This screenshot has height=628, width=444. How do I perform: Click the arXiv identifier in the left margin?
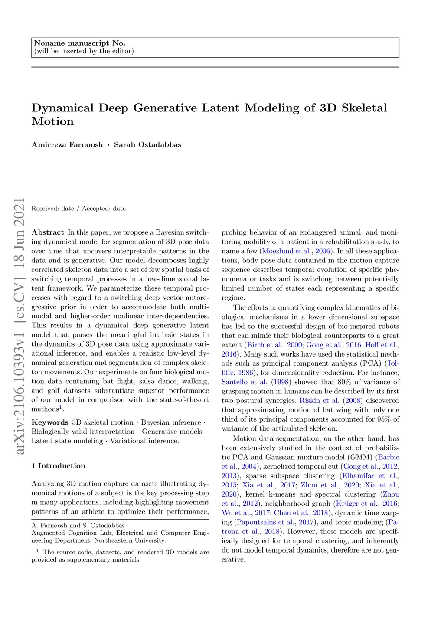pos(19,325)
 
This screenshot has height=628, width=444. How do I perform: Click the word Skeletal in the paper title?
pos(364,108)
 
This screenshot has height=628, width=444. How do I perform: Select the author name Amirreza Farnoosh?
pos(67,144)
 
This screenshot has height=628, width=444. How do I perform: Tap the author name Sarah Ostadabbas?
pos(147,144)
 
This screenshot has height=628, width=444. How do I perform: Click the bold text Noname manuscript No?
pos(79,43)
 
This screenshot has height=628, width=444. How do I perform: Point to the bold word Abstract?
pos(47,232)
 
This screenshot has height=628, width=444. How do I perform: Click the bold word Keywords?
pos(50,422)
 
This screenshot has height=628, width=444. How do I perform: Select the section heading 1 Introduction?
pos(58,466)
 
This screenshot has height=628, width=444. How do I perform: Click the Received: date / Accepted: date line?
pos(78,209)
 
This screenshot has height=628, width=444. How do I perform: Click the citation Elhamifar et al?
pos(369,476)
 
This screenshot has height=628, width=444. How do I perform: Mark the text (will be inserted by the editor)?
pos(84,51)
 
